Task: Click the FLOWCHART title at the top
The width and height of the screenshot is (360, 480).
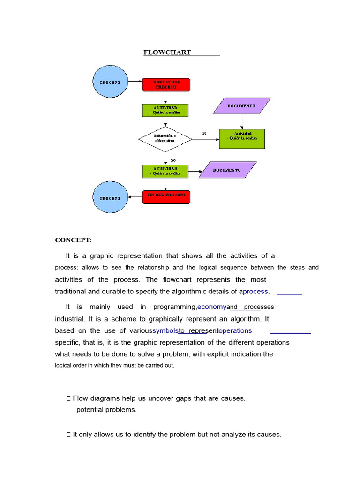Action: click(167, 52)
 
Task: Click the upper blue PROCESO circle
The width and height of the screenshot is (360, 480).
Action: click(110, 82)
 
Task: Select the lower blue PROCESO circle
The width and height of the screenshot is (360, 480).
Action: click(110, 198)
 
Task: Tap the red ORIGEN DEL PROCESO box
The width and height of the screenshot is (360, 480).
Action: click(166, 84)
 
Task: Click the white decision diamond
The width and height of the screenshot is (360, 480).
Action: click(165, 139)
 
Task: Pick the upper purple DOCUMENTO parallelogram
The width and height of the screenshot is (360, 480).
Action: click(242, 106)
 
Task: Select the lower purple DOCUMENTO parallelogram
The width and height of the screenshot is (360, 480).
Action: click(227, 170)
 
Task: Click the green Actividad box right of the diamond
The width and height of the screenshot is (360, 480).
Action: click(242, 139)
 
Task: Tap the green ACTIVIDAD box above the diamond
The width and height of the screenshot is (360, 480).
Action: click(165, 110)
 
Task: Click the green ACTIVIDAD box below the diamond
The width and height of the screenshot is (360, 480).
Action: click(165, 171)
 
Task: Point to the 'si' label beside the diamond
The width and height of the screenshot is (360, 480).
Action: click(204, 133)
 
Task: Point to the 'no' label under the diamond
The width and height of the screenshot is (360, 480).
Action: click(173, 160)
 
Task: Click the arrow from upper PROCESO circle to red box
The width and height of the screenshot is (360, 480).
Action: click(135, 82)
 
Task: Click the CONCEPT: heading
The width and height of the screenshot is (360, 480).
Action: click(73, 240)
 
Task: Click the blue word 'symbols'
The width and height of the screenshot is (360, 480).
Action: click(165, 330)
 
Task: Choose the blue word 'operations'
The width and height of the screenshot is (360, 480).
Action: click(235, 330)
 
